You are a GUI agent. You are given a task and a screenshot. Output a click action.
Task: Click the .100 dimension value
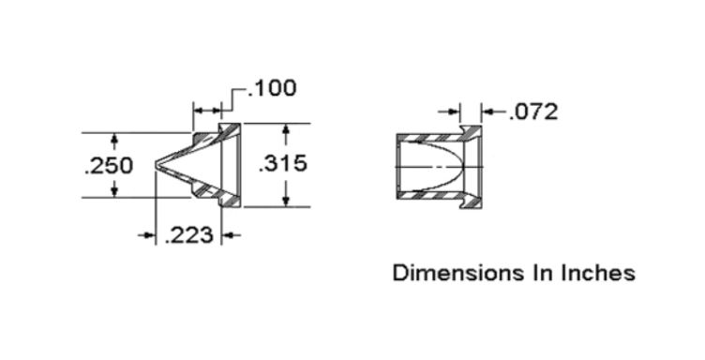[x=272, y=87]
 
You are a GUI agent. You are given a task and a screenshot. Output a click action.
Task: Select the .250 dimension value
[x=109, y=165]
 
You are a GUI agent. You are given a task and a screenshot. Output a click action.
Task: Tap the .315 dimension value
[x=283, y=163]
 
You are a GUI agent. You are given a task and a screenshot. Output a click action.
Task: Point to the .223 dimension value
[x=188, y=235]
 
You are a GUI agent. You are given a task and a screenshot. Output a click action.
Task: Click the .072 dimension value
[x=532, y=112]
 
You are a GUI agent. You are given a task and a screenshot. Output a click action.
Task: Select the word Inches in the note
[x=598, y=273]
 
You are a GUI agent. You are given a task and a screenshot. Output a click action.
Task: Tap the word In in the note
[x=542, y=273]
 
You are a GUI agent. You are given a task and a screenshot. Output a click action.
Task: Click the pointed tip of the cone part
[x=156, y=165]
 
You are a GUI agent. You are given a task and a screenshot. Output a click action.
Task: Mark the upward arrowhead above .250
[x=114, y=139]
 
